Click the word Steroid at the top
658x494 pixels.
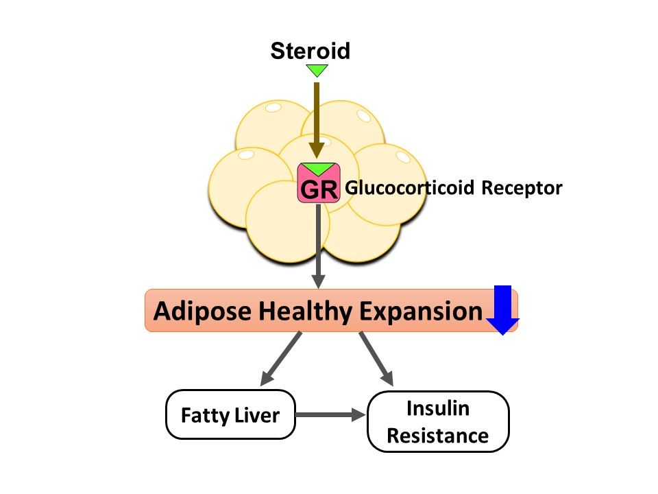[x=310, y=50]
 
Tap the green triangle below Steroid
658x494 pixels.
[x=317, y=70]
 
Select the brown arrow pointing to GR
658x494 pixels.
[x=317, y=117]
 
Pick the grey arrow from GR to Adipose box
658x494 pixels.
[x=318, y=247]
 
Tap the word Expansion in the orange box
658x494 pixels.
[x=420, y=311]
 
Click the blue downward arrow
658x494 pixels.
[x=502, y=309]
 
